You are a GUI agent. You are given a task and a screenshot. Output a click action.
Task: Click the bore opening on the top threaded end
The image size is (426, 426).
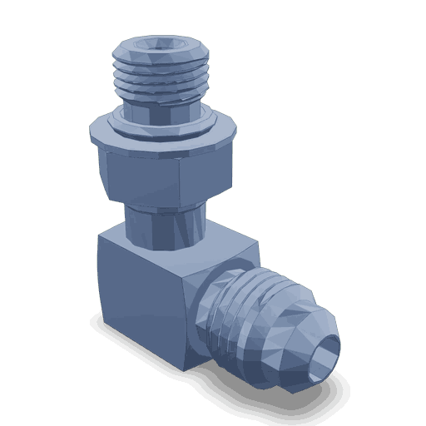159,47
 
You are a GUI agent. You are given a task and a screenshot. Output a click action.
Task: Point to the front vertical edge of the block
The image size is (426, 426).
186,316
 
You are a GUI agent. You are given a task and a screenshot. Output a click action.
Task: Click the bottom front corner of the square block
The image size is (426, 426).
186,367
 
